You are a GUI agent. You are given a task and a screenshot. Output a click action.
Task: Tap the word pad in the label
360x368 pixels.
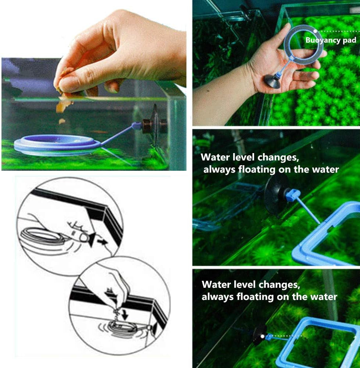click(349, 40)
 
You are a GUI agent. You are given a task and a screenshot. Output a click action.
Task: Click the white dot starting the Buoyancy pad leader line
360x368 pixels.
click(315, 31)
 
